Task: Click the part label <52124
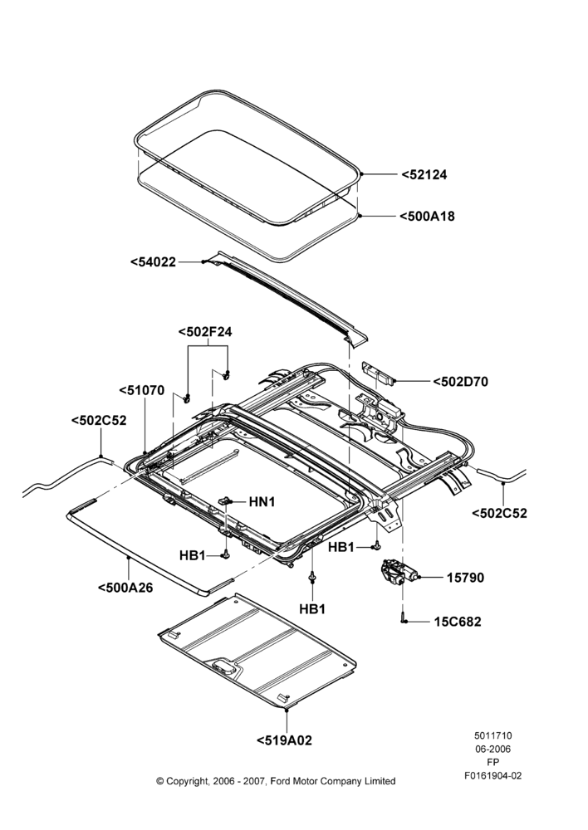tap(424, 174)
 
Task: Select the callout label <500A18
tap(427, 216)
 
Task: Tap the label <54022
tap(154, 261)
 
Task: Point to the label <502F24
tap(205, 332)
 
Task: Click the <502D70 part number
tap(460, 381)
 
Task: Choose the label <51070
tap(142, 391)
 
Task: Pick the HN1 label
tap(262, 501)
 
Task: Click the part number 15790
tap(466, 578)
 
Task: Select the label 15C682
tap(458, 622)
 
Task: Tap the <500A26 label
tap(125, 587)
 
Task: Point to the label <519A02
tap(285, 740)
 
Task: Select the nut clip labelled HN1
tap(226, 500)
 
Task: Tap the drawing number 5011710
tap(492, 735)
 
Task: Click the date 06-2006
tap(492, 749)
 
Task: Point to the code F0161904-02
tap(492, 775)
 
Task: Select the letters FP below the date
tap(492, 762)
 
